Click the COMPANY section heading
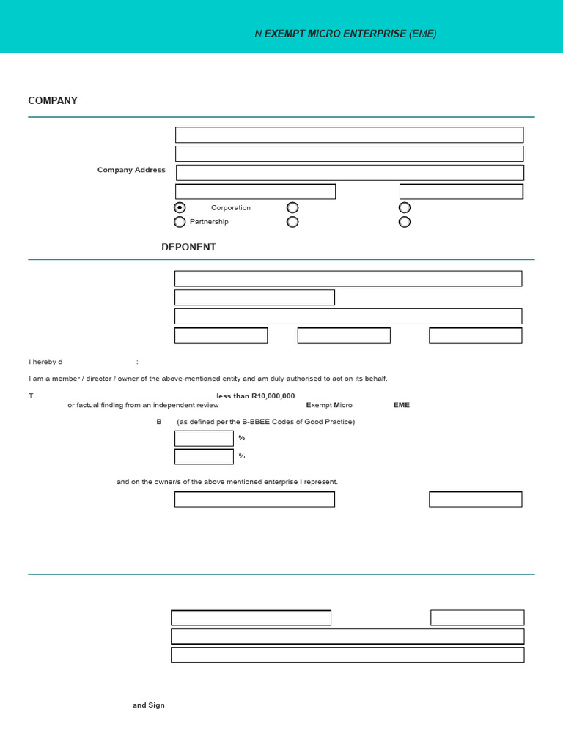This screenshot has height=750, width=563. tap(53, 101)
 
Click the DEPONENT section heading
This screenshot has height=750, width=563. tap(188, 248)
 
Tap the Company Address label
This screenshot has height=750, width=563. tap(131, 170)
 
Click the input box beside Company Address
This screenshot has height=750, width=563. tap(350, 173)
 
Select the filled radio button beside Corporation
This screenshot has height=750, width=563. tap(180, 208)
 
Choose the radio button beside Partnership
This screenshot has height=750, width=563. tap(180, 222)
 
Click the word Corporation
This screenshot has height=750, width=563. tap(231, 208)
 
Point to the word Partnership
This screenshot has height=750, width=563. tap(209, 222)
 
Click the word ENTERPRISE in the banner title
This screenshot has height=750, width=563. tap(372, 34)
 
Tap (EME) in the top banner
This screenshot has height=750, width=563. tap(423, 34)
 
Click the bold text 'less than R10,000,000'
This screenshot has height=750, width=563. tap(256, 396)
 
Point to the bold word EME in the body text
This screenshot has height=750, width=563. tap(402, 405)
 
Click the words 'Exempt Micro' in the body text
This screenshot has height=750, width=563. tap(329, 405)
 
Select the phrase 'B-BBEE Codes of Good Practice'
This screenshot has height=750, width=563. tap(301, 422)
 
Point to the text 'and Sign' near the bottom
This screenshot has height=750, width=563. tap(149, 705)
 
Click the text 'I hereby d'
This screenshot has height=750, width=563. tap(45, 362)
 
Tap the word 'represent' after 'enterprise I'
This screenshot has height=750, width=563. tap(321, 482)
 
